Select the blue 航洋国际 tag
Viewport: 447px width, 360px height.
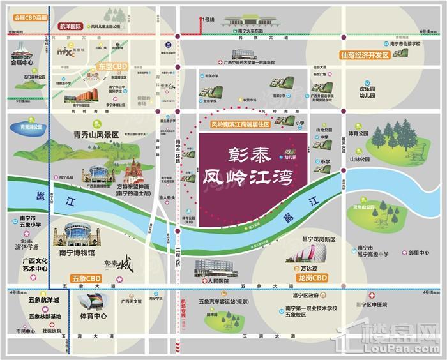[70, 27]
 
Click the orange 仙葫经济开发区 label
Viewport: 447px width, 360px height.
[365, 56]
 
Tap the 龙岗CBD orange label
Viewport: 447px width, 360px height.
[312, 278]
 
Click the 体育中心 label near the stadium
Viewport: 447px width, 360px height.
[93, 315]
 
